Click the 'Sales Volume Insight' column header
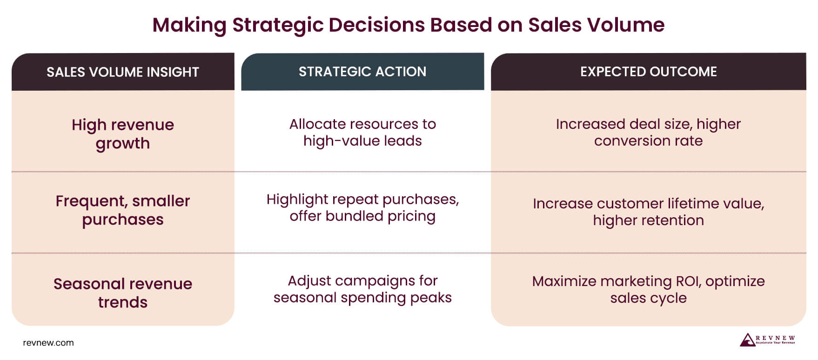123,72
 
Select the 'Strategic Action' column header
362,72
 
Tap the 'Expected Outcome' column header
648,72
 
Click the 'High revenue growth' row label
123,134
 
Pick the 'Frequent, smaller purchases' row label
123,210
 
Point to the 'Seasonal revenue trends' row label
123,293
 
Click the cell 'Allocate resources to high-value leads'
362,133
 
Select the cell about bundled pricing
362,208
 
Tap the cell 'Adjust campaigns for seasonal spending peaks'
362,289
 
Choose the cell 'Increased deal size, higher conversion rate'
648,133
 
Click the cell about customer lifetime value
648,212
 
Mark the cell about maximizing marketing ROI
648,289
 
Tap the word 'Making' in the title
189,25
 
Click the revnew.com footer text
48,343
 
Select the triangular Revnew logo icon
747,340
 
